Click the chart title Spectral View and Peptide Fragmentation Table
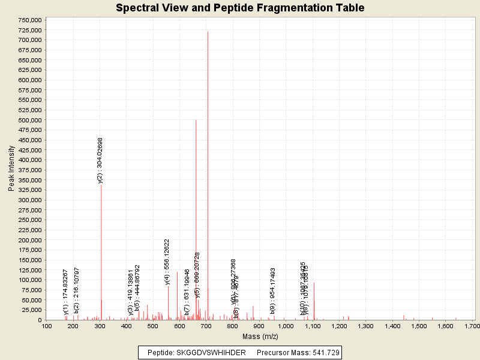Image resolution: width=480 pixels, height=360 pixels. coord(240,8)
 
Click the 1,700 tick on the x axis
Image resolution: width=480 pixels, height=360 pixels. coord(472,326)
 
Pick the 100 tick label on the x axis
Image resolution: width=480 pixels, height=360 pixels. coord(46,326)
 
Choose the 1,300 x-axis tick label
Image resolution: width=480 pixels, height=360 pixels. coord(365,326)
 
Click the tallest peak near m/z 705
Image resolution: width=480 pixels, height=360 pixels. coord(208,32)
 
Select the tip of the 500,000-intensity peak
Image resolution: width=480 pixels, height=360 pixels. coord(196,120)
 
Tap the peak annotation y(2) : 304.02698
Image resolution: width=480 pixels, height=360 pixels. coord(100,160)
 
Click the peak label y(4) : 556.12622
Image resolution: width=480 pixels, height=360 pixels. coord(167,262)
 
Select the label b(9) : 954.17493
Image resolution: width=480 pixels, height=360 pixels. coord(273,291)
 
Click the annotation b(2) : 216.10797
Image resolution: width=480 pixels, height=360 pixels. coord(76,290)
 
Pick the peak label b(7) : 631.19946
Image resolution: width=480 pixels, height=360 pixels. coord(187,292)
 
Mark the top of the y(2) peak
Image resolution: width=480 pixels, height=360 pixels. coord(101,185)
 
